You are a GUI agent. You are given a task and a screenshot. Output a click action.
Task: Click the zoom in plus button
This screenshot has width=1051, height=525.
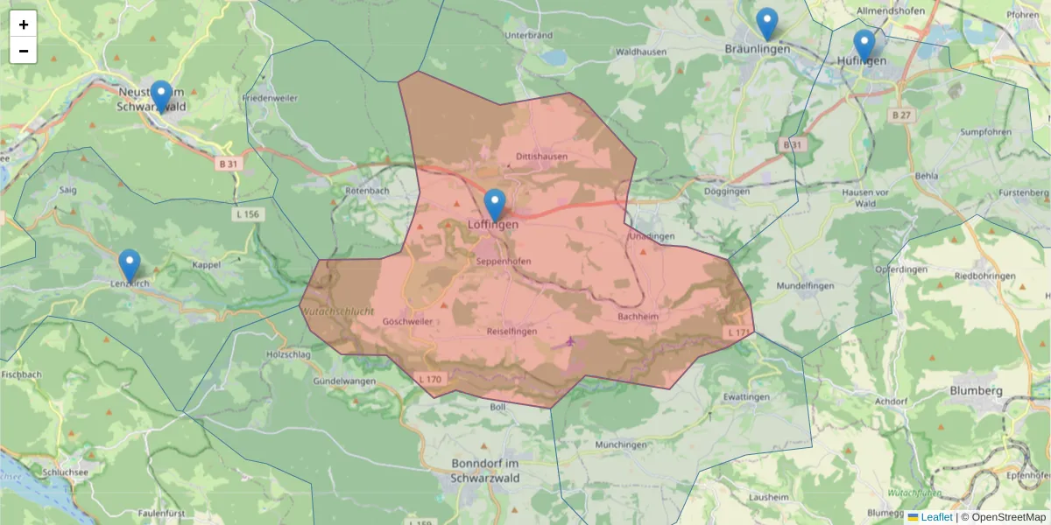24,24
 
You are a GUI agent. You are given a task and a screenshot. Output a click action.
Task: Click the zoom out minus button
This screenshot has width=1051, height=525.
24,51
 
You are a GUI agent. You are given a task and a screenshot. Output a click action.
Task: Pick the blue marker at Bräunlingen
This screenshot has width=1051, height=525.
766,24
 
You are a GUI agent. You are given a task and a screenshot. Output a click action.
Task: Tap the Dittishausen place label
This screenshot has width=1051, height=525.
541,157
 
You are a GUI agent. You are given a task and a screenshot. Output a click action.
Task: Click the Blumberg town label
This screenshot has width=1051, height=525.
976,390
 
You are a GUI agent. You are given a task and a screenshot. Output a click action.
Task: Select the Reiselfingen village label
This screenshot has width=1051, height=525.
511,332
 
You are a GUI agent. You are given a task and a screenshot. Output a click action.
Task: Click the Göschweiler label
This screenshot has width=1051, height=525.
407,321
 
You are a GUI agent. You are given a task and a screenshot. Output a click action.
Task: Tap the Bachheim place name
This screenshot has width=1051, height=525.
638,316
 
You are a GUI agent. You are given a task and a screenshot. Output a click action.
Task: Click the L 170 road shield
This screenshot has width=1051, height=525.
430,379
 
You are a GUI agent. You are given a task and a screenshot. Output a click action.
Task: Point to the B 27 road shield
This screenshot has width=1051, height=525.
900,115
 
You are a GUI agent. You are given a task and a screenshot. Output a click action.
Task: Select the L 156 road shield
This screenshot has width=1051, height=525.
248,214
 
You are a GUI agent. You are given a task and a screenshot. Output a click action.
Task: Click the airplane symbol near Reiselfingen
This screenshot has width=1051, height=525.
571,341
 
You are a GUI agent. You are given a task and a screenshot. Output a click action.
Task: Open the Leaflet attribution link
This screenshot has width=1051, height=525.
936,517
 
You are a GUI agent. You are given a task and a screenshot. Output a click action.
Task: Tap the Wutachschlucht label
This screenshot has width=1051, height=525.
337,311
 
